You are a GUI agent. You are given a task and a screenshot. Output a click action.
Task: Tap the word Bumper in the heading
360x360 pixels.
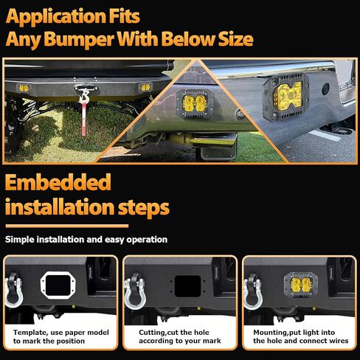[80, 39]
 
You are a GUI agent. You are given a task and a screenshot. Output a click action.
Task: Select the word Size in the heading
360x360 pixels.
[235, 39]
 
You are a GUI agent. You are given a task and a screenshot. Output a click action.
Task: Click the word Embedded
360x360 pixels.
[58, 182]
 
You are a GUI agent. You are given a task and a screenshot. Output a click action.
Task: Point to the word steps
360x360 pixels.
[144, 208]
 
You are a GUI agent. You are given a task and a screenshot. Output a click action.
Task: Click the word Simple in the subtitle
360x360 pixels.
[20, 240]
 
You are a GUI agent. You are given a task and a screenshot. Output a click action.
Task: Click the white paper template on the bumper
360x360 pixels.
[58, 285]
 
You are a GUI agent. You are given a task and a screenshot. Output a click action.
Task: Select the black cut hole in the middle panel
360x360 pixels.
[187, 286]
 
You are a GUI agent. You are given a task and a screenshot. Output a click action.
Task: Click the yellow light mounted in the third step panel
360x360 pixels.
[300, 285]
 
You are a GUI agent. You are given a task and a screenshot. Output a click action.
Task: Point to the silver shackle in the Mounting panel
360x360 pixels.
[252, 292]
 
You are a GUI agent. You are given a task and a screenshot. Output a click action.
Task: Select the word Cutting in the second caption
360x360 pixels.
[152, 333]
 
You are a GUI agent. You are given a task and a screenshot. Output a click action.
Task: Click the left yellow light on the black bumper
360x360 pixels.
[24, 88]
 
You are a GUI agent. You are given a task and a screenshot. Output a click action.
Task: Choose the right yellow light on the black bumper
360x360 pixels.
[145, 88]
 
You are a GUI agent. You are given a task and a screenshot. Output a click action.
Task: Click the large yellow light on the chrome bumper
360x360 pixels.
[287, 96]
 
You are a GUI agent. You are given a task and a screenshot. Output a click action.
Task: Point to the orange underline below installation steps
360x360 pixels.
[67, 226]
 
